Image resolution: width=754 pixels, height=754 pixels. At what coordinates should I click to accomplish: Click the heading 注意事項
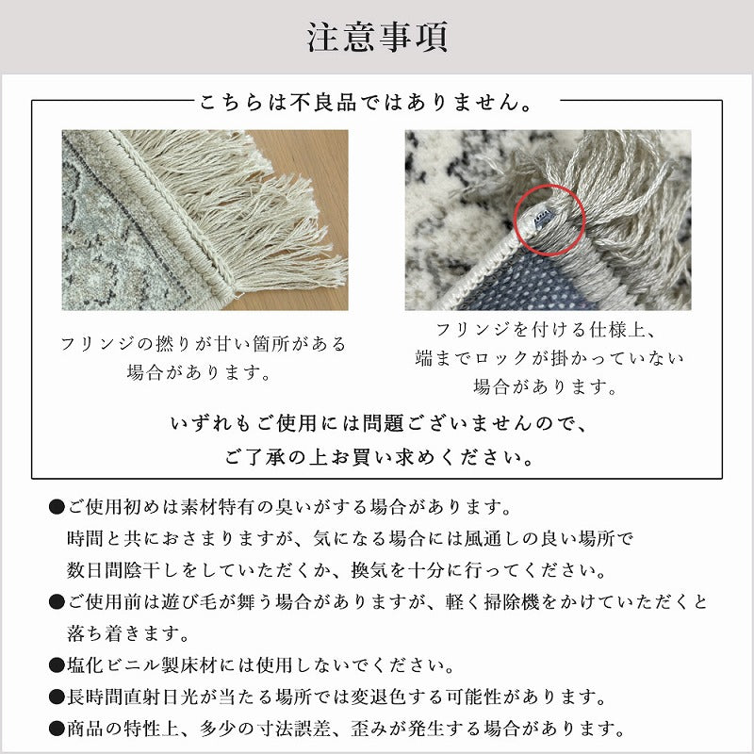point(377,38)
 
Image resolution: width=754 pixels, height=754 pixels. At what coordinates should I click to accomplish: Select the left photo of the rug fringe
point(205,220)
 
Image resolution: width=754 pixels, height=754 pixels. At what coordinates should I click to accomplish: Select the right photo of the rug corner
point(548,220)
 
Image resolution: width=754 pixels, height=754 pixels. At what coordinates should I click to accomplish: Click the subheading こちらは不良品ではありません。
point(374,100)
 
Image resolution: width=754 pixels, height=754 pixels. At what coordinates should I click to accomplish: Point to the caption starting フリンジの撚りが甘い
point(204,343)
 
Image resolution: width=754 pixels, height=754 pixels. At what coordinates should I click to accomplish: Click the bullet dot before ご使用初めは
point(56,508)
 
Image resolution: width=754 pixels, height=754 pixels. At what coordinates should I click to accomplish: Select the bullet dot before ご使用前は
point(56,602)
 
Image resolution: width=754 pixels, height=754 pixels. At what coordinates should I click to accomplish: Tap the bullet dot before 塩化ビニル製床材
point(56,666)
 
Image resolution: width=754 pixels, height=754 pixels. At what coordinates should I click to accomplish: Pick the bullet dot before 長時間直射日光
point(56,697)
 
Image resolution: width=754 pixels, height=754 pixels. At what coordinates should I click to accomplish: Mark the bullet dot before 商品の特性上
point(56,729)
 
